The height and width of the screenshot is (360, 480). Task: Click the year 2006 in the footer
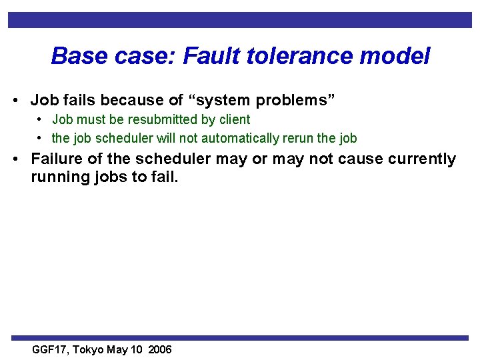click(x=159, y=350)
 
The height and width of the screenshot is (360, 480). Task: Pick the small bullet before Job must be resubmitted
click(x=41, y=120)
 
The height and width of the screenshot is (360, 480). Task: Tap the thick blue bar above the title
click(x=240, y=20)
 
